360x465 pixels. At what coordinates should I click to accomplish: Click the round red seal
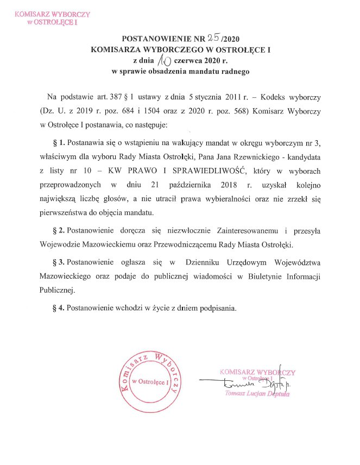[x=150, y=382]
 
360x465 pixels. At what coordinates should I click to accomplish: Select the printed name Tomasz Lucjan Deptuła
[x=257, y=394]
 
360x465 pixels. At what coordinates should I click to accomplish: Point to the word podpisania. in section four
[x=218, y=308]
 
